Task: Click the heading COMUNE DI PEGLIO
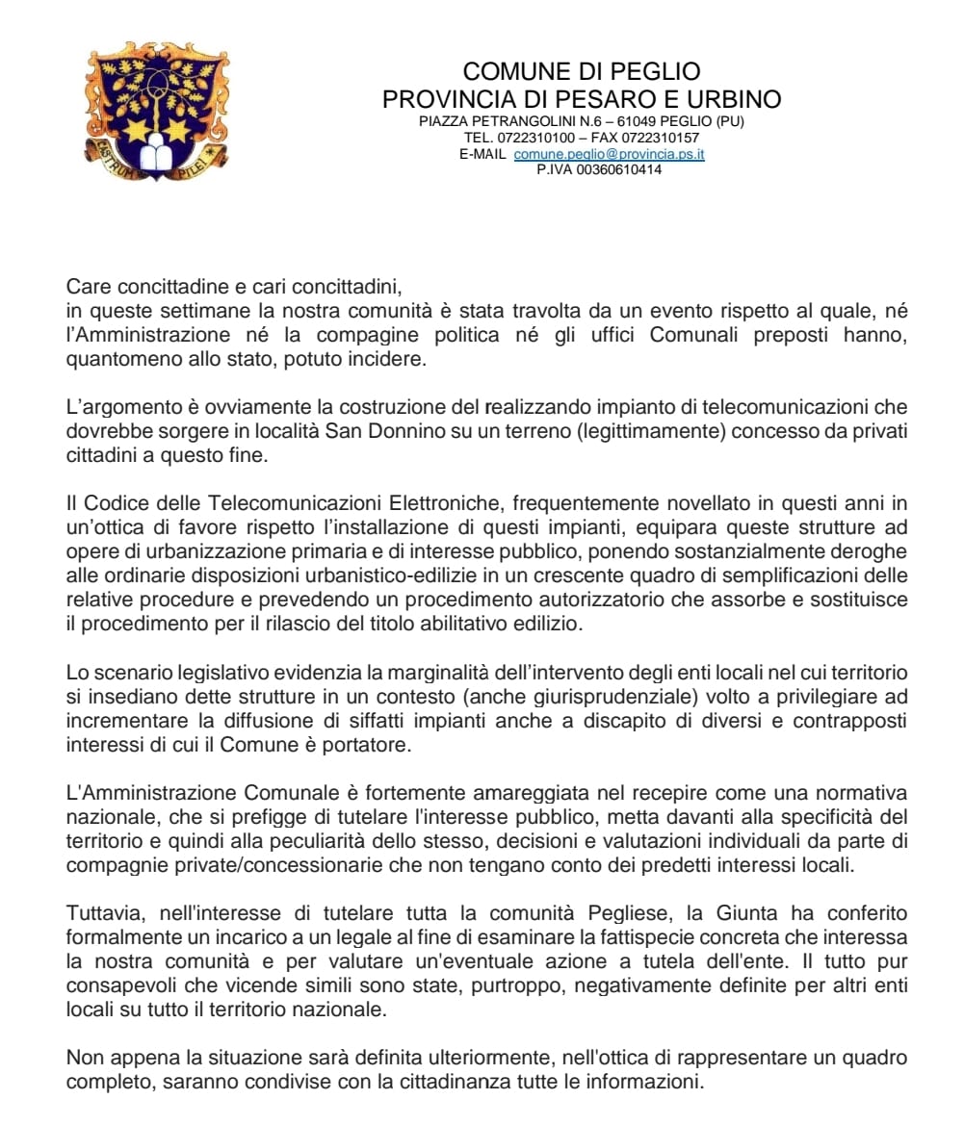582,71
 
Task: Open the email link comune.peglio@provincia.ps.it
609,154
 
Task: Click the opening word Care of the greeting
85,287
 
